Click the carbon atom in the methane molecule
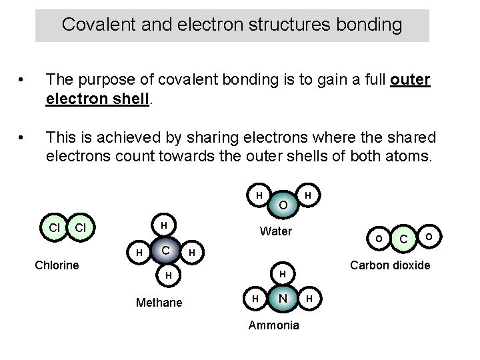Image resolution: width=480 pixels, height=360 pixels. pyautogui.click(x=163, y=250)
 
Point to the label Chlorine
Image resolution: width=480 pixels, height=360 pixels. pyautogui.click(x=57, y=265)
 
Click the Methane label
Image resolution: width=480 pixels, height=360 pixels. pyautogui.click(x=159, y=303)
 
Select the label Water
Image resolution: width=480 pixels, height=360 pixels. pyautogui.click(x=275, y=232)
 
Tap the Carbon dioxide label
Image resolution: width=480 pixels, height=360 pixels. pyautogui.click(x=390, y=265)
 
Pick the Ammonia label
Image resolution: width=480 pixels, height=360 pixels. pyautogui.click(x=273, y=325)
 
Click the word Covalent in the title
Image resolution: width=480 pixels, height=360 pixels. pyautogui.click(x=89, y=25)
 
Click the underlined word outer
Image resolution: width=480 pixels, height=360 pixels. pyautogui.click(x=410, y=80)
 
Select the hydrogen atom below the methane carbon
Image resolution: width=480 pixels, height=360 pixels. pyautogui.click(x=169, y=275)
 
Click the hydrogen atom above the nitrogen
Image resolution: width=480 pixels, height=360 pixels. pyautogui.click(x=283, y=274)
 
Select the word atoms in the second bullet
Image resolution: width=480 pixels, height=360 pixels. pyautogui.click(x=411, y=156)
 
